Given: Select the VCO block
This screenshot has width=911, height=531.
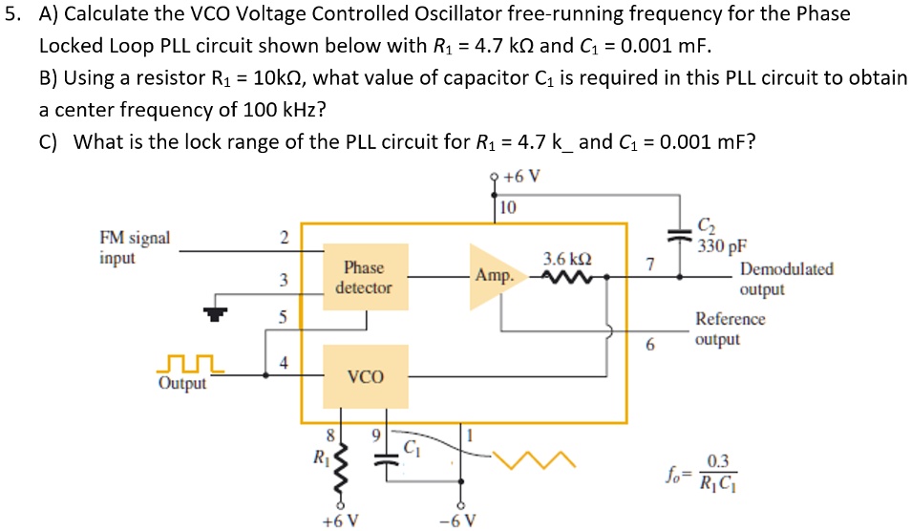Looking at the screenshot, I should pos(365,377).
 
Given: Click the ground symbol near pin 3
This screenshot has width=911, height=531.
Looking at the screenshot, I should pos(219,311).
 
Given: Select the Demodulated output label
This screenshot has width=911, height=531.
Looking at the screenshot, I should pos(785,279).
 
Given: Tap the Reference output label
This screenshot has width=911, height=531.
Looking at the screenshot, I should pos(730,329).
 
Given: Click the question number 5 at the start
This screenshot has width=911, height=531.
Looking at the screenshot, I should pos(11,15).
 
